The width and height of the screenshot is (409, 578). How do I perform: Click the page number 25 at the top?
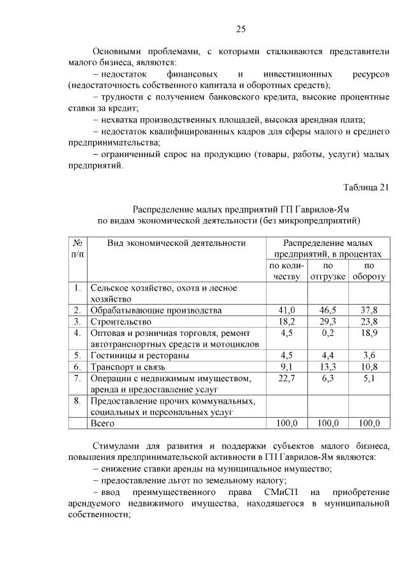[241, 29]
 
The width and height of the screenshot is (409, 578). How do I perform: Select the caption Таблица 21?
[366, 187]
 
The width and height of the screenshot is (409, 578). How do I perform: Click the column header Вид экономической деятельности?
[176, 243]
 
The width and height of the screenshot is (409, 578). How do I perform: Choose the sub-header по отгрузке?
[328, 271]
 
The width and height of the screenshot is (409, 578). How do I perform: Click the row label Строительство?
[121, 321]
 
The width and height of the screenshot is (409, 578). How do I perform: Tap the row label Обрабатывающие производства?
[156, 310]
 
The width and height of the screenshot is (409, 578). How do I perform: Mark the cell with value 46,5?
[328, 310]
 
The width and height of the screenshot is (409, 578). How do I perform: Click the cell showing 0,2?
[328, 333]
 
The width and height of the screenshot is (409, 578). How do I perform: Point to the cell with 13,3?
[328, 367]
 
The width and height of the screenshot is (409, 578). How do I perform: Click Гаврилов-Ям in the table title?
[323, 209]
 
